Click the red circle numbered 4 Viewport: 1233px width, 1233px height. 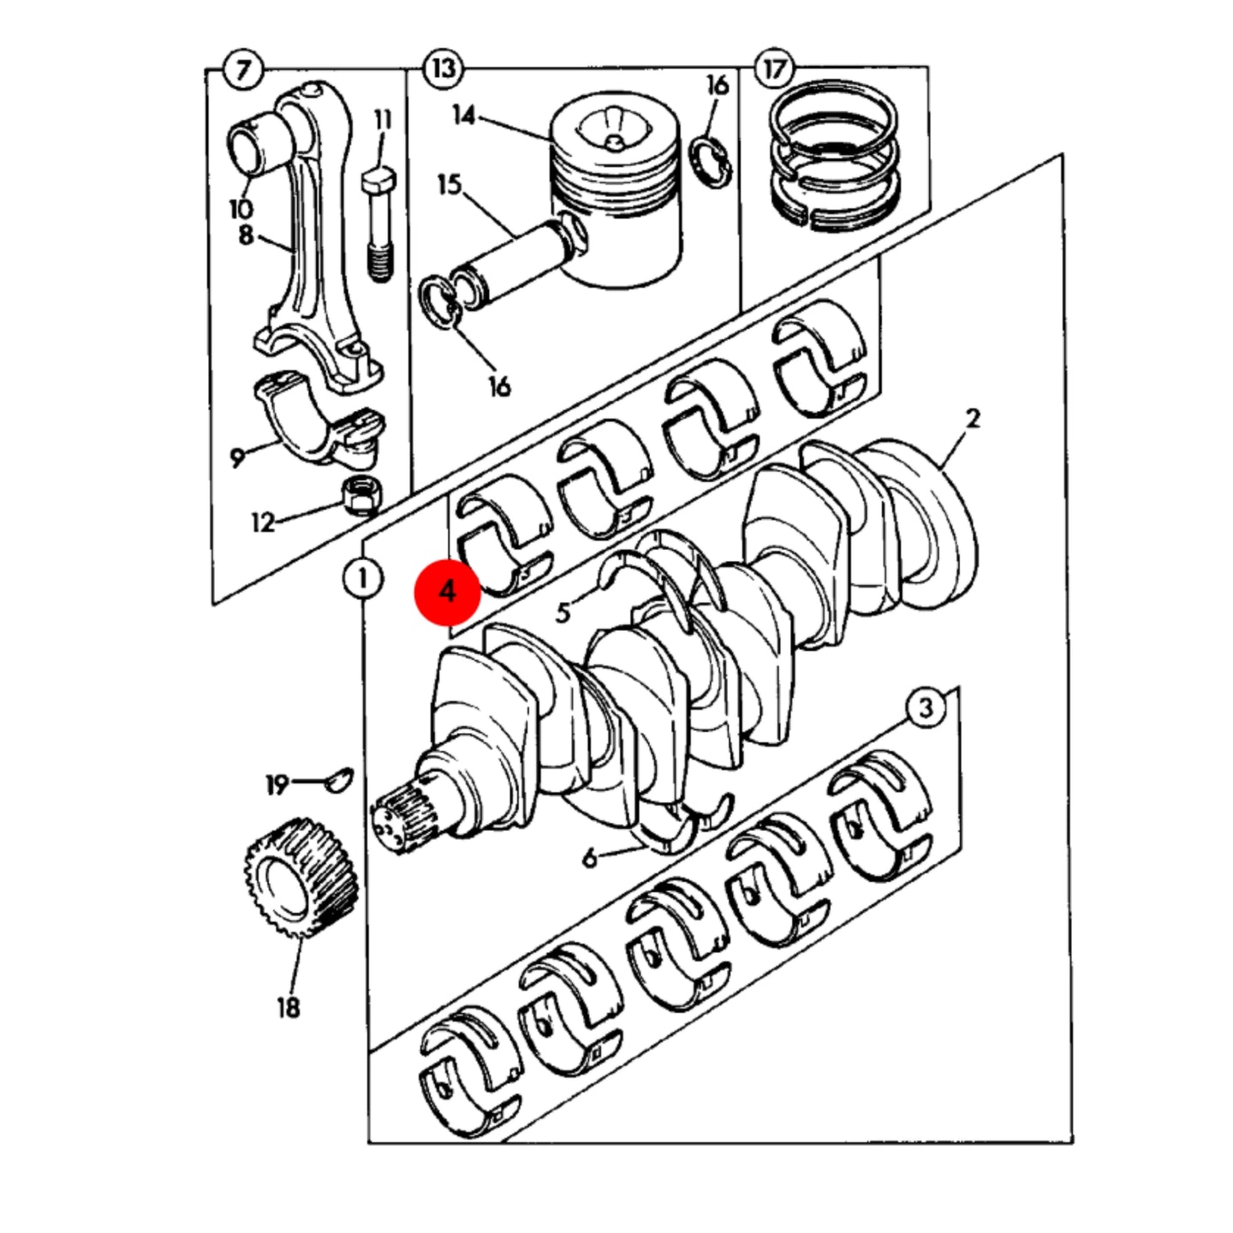tap(447, 592)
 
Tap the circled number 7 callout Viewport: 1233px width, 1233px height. tap(242, 69)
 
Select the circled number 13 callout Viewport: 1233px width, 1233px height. tap(444, 68)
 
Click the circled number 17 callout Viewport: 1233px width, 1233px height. tap(775, 68)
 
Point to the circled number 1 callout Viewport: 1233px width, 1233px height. tap(363, 579)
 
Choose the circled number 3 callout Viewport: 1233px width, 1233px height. tap(926, 708)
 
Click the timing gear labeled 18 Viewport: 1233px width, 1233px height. tap(301, 878)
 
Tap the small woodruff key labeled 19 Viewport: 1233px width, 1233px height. tap(339, 781)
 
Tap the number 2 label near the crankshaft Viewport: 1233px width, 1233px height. tap(972, 419)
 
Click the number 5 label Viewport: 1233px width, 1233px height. tap(563, 613)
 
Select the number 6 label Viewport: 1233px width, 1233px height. tap(590, 858)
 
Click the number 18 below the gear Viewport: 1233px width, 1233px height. tap(289, 1009)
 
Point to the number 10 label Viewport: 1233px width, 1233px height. tap(241, 209)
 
